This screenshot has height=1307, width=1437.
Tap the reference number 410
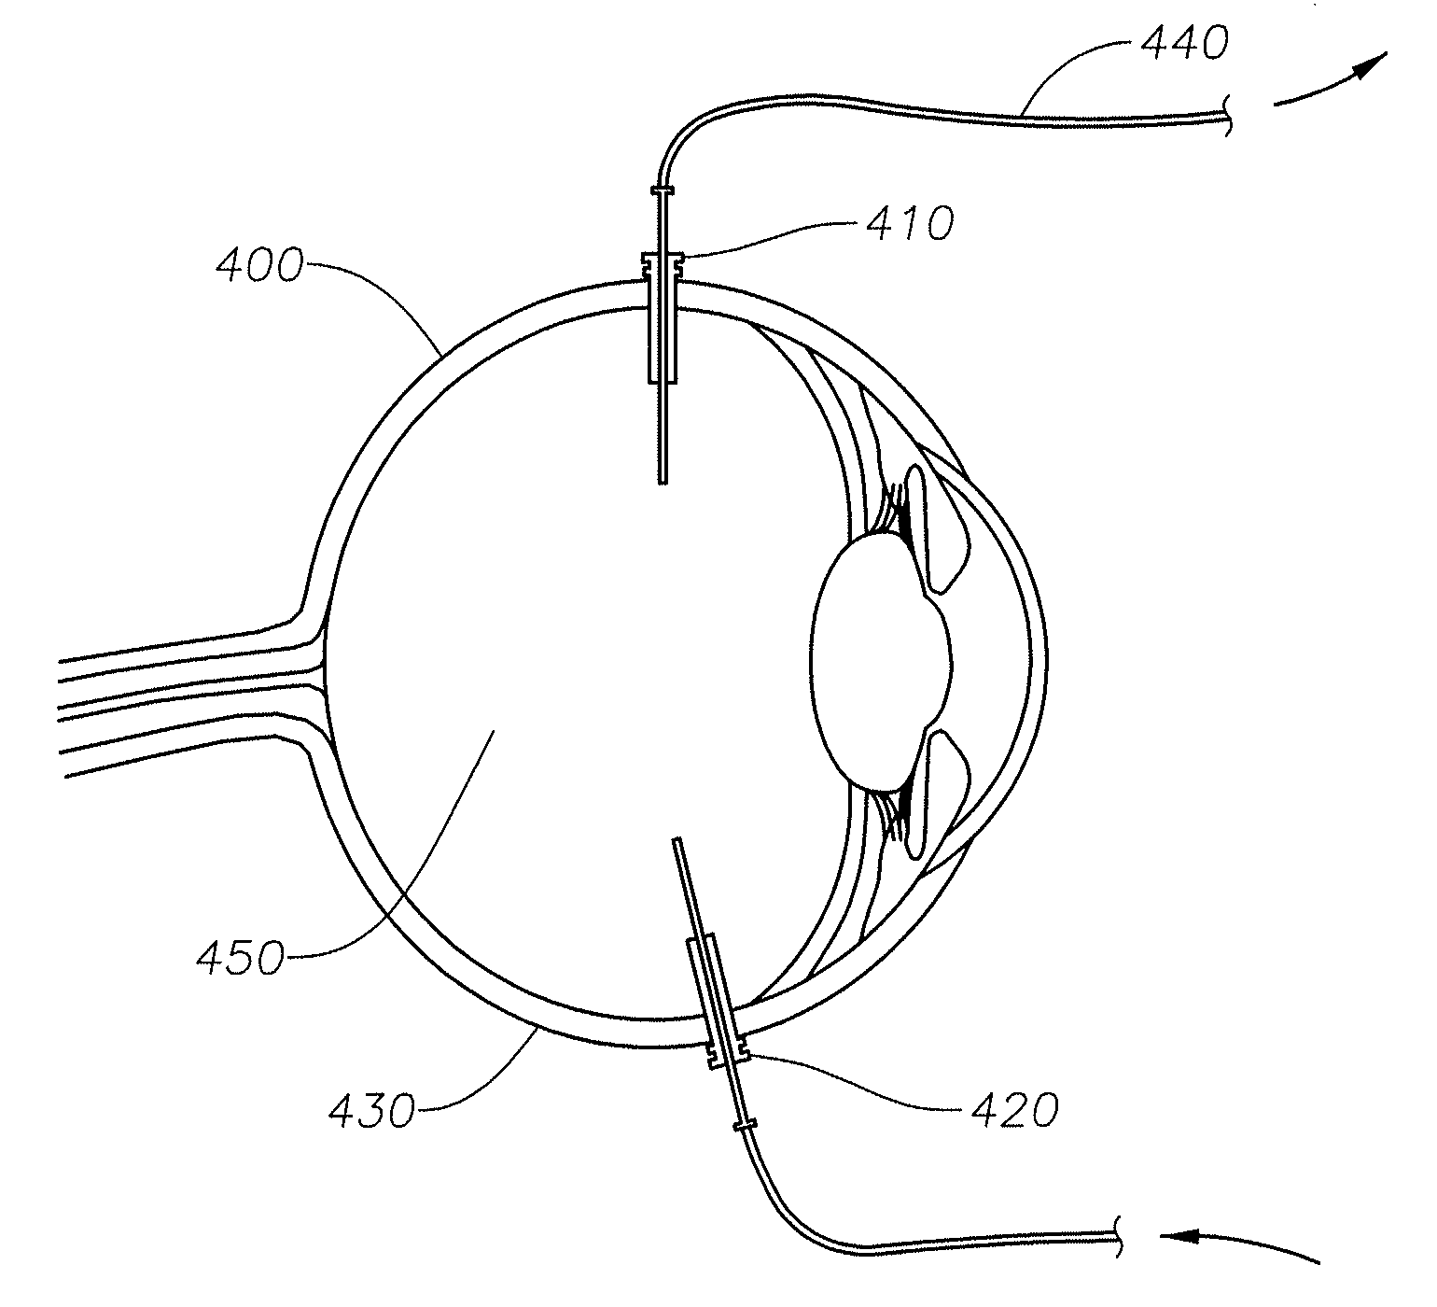(x=910, y=224)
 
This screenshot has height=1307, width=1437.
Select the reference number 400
(x=258, y=267)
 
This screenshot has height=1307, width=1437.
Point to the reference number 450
(x=240, y=958)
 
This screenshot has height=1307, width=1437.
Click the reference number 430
(x=370, y=1111)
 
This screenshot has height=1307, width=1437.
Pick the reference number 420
(x=1014, y=1110)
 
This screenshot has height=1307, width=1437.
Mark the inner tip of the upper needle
(x=662, y=480)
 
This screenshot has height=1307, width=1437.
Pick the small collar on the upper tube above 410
(x=662, y=190)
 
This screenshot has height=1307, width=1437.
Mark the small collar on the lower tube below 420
(x=744, y=1125)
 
